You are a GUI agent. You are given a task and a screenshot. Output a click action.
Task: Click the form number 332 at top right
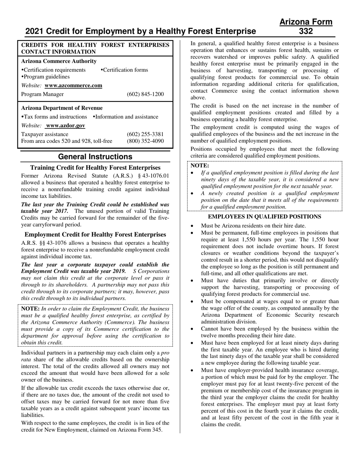306,31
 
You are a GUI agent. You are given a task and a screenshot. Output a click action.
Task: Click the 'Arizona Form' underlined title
306,22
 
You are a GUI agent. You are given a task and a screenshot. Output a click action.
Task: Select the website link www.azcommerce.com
73,85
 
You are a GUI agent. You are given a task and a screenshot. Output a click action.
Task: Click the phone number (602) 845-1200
145,94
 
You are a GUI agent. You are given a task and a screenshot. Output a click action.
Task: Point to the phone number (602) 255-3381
145,134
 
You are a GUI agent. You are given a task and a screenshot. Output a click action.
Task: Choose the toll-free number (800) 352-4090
145,141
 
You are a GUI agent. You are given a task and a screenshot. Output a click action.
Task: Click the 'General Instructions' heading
95,157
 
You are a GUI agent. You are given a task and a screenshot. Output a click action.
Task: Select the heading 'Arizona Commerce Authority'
59,61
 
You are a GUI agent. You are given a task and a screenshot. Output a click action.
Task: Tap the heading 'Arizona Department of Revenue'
62,108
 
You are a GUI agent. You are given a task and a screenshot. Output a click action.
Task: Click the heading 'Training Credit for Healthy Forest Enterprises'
95,167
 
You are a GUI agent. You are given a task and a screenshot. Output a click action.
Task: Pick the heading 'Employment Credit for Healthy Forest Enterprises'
95,235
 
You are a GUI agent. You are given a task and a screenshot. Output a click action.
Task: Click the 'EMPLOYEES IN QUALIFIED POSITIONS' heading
265,216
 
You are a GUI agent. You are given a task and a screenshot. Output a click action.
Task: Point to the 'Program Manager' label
42,94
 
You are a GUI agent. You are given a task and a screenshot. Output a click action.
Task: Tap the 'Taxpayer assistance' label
45,134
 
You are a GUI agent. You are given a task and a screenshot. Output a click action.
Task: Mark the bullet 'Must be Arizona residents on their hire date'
253,225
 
